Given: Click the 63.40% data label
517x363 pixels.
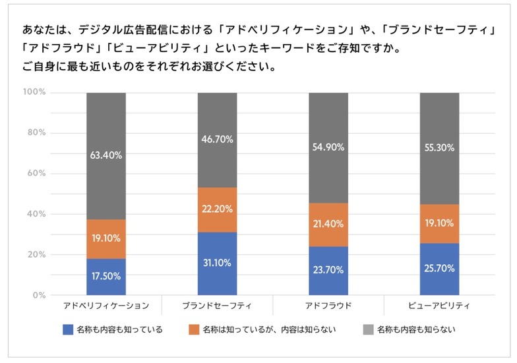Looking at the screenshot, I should tap(106, 155).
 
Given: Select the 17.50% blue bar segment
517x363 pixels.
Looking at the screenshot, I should tap(106, 276).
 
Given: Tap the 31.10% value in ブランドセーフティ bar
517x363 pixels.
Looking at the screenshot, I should tap(217, 262).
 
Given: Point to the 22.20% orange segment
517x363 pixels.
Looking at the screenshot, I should tap(217, 209).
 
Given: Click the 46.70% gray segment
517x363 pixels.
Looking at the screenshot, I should tap(217, 140).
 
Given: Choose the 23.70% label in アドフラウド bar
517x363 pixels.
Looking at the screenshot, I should tap(328, 270).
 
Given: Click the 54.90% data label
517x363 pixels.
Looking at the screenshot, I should tap(328, 148).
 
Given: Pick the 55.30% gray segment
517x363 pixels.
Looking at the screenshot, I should tap(439, 148).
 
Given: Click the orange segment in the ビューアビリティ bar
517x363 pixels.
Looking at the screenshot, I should tap(439, 223).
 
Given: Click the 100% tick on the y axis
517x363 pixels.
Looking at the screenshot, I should tap(34, 92).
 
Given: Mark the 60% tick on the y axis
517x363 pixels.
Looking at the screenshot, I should tap(36, 173).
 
